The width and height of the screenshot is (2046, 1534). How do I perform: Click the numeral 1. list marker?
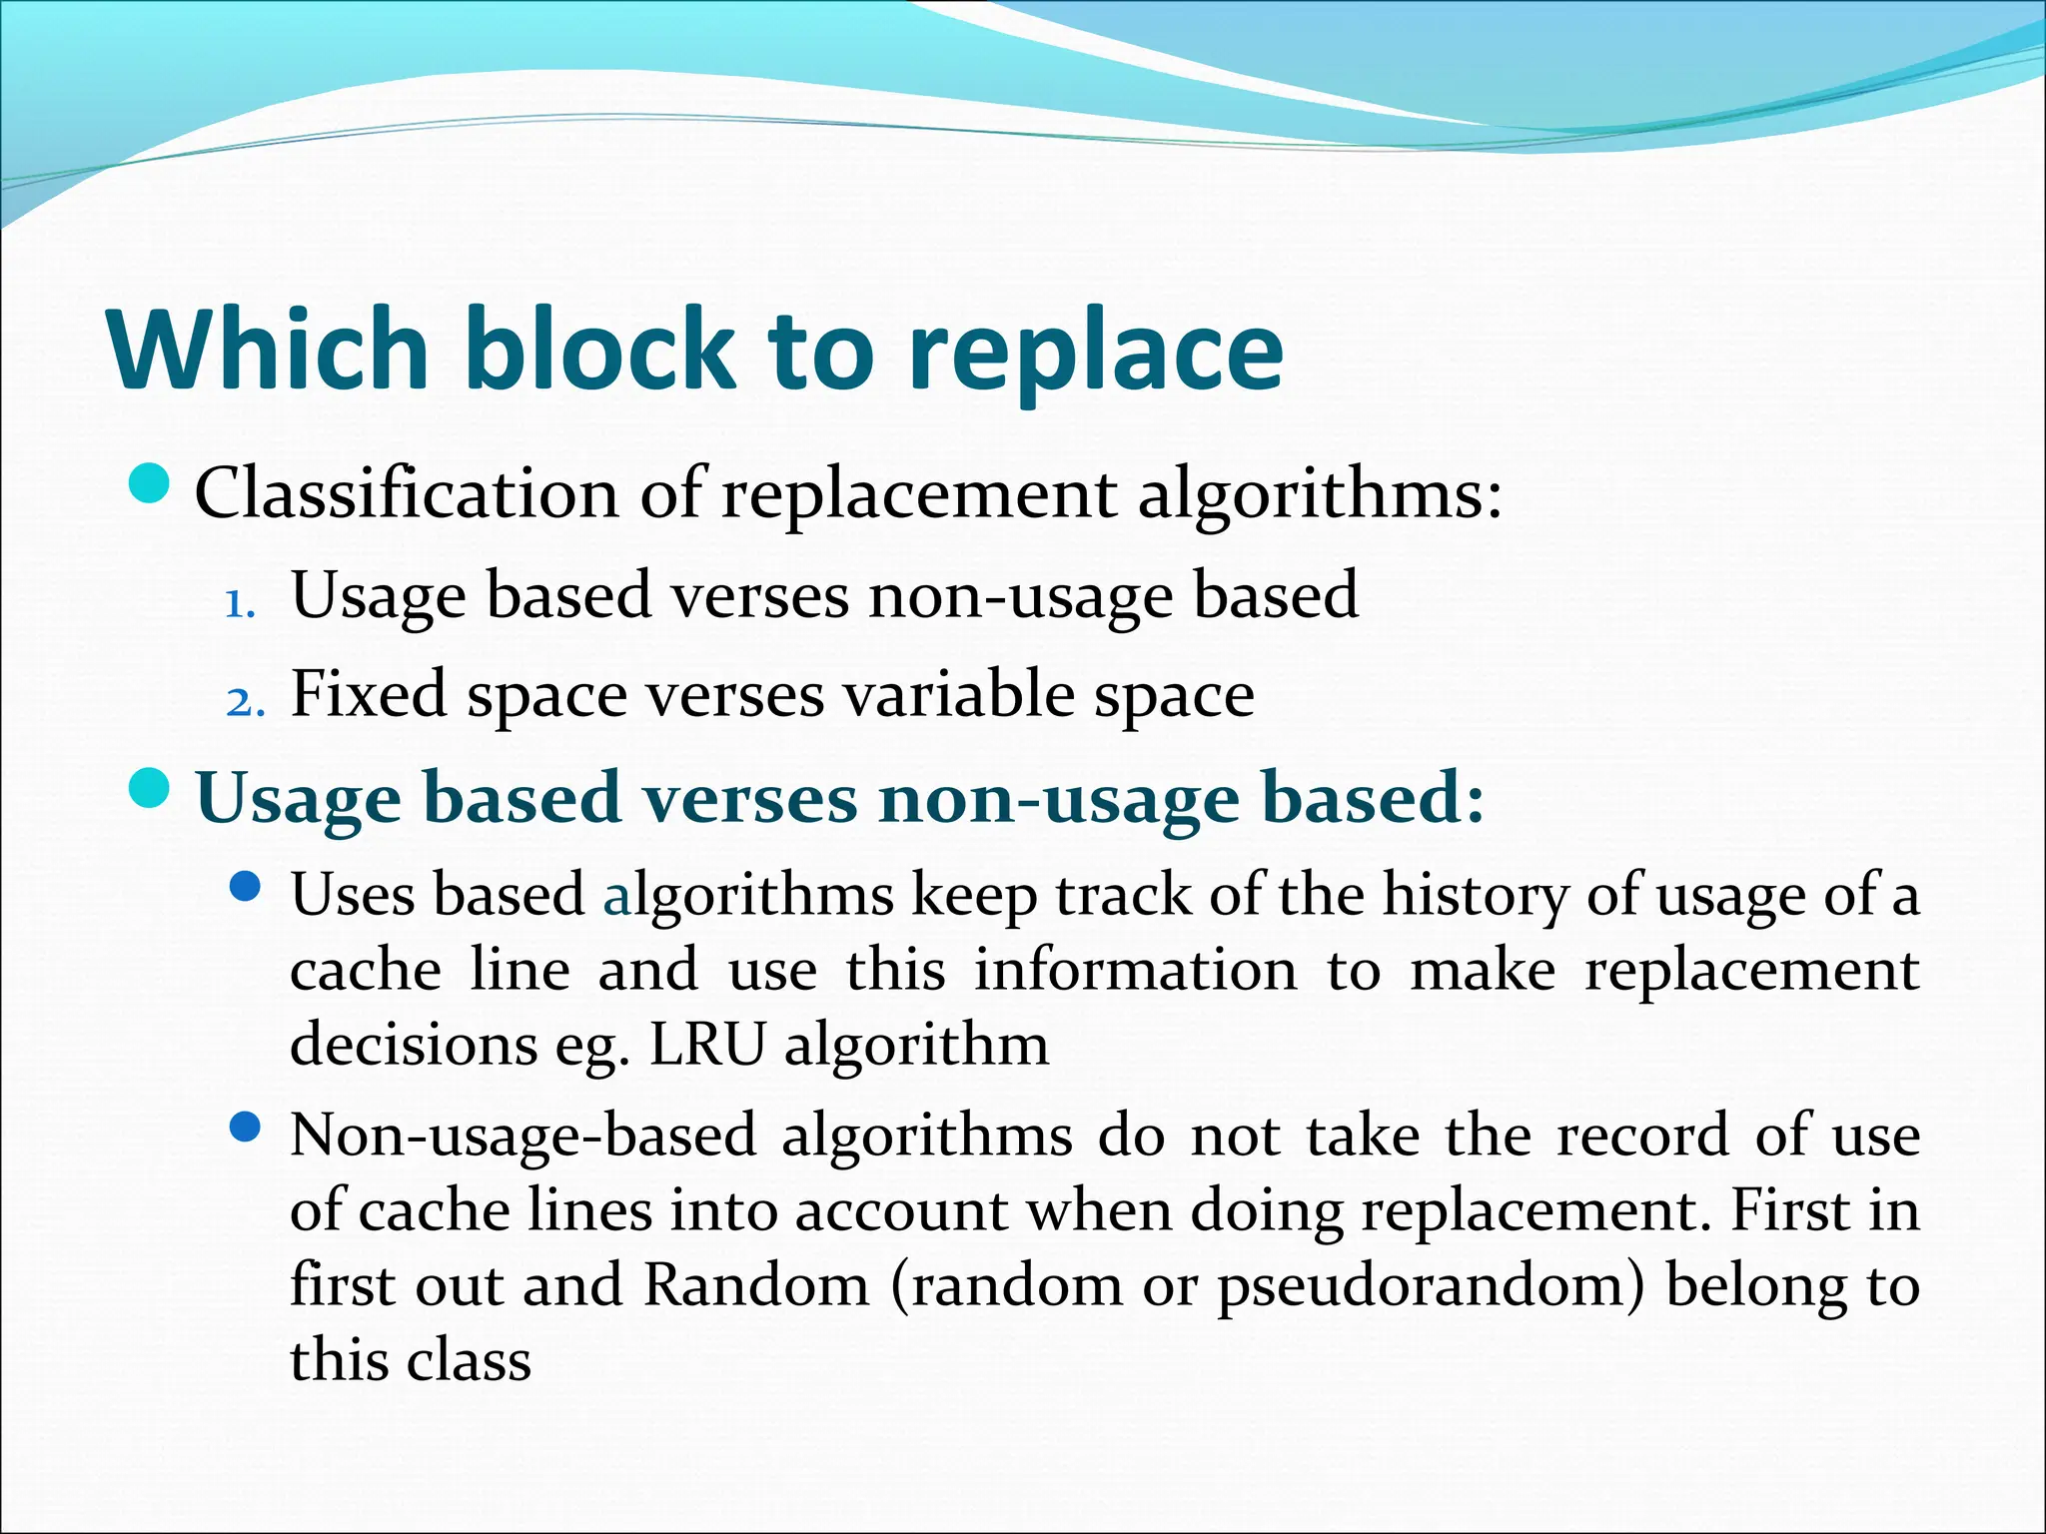click(x=241, y=604)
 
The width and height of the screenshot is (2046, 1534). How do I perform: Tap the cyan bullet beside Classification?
click(x=152, y=485)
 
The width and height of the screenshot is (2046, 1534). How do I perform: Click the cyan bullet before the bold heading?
click(x=152, y=789)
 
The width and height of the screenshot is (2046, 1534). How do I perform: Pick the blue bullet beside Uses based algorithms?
click(x=245, y=886)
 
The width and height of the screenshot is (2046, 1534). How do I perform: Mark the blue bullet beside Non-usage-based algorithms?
click(x=245, y=1129)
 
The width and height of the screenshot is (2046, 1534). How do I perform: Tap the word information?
click(x=1135, y=970)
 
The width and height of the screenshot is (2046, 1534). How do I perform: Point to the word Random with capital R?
click(x=756, y=1285)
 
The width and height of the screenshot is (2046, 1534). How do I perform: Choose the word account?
click(x=901, y=1210)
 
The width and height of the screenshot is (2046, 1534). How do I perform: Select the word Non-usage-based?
click(x=523, y=1137)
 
